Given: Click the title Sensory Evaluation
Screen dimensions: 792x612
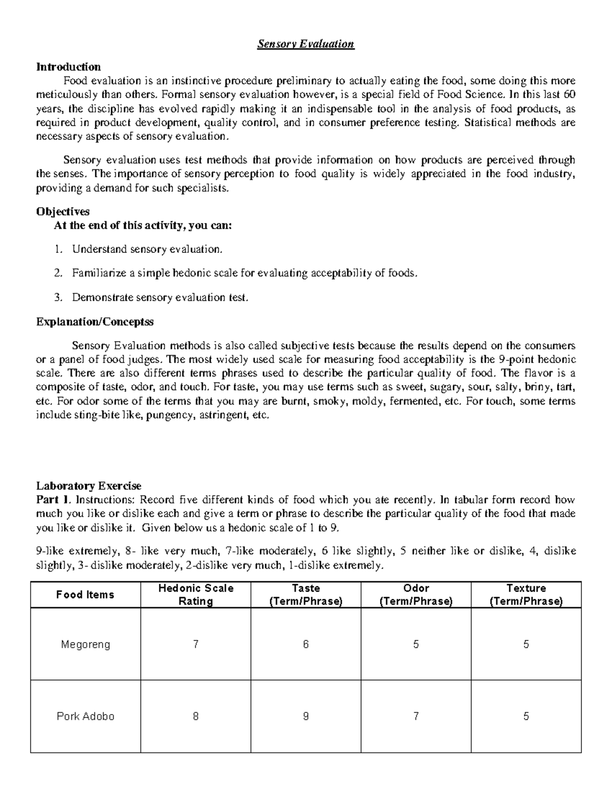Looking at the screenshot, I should [x=305, y=44].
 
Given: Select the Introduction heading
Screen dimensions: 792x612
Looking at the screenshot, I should [x=68, y=67].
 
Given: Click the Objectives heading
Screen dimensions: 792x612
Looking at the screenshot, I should [x=63, y=211].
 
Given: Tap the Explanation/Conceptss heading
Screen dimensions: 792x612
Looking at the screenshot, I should [x=95, y=322].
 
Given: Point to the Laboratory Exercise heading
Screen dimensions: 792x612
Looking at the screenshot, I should [x=89, y=486].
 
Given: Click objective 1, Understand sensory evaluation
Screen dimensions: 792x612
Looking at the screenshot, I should [x=147, y=249].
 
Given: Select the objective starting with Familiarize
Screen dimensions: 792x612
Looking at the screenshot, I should [x=244, y=273].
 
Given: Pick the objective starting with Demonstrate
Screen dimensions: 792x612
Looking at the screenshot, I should [x=160, y=297].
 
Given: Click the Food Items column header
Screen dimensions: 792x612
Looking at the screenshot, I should [x=85, y=595].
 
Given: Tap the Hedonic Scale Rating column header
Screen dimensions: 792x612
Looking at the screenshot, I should [x=196, y=595].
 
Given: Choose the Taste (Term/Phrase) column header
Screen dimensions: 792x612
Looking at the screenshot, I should [x=306, y=595].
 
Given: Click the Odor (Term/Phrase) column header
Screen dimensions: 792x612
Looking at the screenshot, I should [x=416, y=595].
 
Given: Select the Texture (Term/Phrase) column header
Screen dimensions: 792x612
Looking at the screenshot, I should [x=526, y=595].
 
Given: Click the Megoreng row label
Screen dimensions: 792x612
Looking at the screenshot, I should [x=85, y=644].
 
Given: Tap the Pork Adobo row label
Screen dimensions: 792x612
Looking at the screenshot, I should [x=85, y=716].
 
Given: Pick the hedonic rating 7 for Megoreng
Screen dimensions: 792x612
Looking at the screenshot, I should [x=196, y=644].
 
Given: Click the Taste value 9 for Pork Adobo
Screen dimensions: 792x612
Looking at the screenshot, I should [x=306, y=716].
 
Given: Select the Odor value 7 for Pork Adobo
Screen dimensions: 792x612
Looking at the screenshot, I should [x=416, y=716].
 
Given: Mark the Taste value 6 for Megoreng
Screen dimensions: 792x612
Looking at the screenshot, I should [x=306, y=644].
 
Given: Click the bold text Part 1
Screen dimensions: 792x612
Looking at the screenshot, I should [x=52, y=500].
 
